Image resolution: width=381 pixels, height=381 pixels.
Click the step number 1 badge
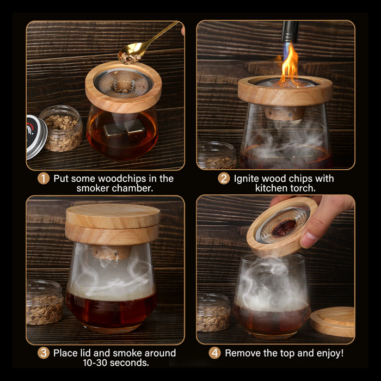click(44, 179)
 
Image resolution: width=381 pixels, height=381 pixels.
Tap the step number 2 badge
click(224, 179)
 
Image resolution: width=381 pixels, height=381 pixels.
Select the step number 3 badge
click(44, 353)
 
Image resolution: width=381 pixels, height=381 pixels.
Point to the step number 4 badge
click(215, 353)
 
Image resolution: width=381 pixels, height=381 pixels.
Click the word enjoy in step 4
click(329, 353)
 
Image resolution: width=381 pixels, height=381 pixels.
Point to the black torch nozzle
click(290, 32)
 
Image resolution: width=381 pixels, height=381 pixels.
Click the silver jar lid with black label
click(36, 137)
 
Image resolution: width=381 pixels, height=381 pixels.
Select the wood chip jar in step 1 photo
click(62, 128)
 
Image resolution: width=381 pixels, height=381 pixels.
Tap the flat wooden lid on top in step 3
click(113, 215)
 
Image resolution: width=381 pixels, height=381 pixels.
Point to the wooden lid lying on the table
click(333, 321)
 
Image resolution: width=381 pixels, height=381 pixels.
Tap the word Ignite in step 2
click(247, 179)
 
